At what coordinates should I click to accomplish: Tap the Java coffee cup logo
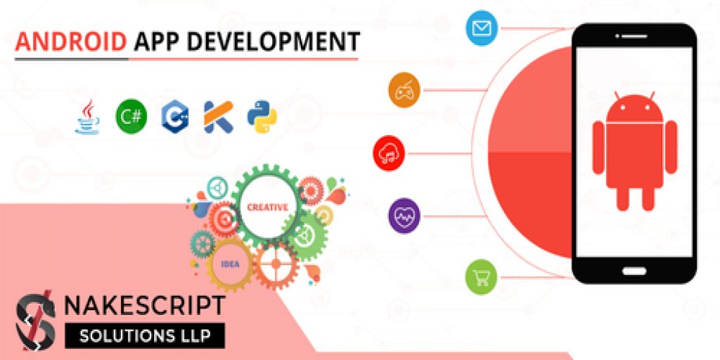87,117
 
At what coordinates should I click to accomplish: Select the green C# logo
131,116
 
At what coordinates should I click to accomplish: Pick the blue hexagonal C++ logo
174,116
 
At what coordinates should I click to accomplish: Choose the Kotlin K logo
218,117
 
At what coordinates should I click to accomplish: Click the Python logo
262,116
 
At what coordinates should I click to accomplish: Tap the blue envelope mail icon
482,29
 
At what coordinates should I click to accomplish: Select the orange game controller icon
404,90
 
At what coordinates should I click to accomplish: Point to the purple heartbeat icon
404,214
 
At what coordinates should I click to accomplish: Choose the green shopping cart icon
482,276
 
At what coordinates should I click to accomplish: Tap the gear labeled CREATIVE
267,207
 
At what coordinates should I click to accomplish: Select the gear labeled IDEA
230,264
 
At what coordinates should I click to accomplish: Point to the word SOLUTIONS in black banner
117,335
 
